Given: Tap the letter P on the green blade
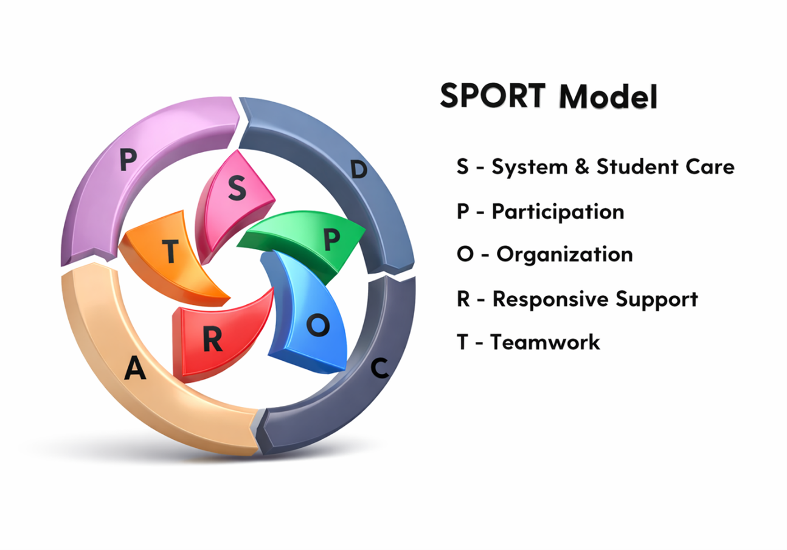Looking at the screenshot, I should tap(331, 242).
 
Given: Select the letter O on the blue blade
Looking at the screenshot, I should tap(317, 327).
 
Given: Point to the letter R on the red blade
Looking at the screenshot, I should tap(212, 341).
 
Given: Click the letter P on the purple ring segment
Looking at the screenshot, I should tap(127, 161).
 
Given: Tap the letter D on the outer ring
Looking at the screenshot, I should tap(359, 170).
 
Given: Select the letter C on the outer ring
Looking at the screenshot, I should tap(380, 368).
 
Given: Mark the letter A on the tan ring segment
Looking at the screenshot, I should tap(135, 369).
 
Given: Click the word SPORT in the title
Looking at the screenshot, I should tap(492, 96).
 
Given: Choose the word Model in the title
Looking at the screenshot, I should tap(608, 97).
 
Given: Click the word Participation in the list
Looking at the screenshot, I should tap(558, 212).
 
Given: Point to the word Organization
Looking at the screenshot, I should tap(564, 254).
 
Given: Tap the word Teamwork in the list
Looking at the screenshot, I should tap(546, 342).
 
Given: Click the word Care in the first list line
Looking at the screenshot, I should tap(712, 167).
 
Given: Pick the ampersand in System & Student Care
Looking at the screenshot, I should tap(582, 167).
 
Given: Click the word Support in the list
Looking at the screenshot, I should tap(656, 299).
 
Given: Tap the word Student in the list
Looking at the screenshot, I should tap(637, 167).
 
